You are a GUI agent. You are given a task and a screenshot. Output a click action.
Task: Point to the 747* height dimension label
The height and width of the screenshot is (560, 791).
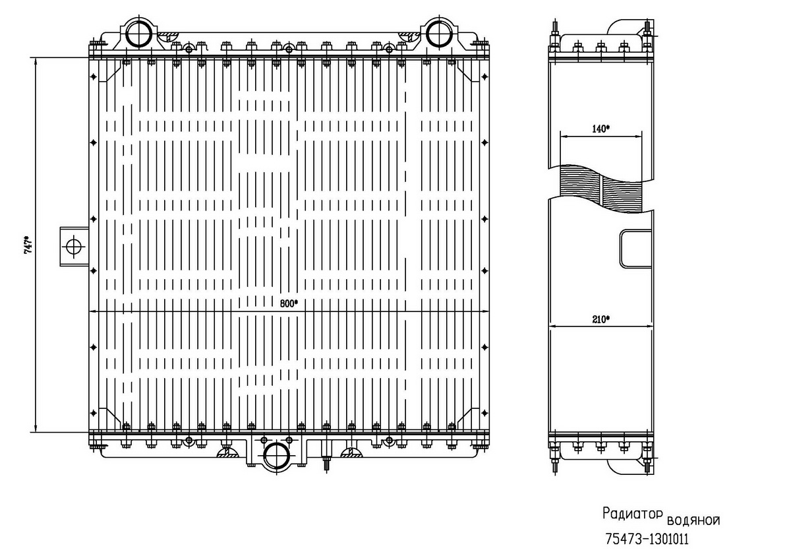click(28, 245)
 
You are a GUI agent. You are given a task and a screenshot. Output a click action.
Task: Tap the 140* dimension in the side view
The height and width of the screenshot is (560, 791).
click(601, 129)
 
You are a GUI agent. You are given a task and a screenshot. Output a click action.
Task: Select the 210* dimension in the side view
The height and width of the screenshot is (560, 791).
click(601, 319)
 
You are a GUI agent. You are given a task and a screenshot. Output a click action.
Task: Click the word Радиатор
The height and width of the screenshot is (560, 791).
click(632, 514)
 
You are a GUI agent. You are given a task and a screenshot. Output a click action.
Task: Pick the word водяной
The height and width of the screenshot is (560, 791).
click(693, 520)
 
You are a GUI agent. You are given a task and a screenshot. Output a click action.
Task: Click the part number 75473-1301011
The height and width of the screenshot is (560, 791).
click(647, 539)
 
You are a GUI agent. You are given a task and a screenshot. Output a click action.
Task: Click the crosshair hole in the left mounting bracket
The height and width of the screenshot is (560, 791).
click(74, 246)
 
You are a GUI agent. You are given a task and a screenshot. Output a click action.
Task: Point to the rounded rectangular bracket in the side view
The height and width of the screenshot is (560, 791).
click(635, 249)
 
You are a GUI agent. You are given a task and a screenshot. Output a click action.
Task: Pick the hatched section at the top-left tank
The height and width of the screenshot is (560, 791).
click(169, 35)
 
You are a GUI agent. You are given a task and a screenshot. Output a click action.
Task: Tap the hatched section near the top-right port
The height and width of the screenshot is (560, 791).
click(409, 35)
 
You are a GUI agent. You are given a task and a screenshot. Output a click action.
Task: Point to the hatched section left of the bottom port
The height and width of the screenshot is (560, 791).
click(227, 453)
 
